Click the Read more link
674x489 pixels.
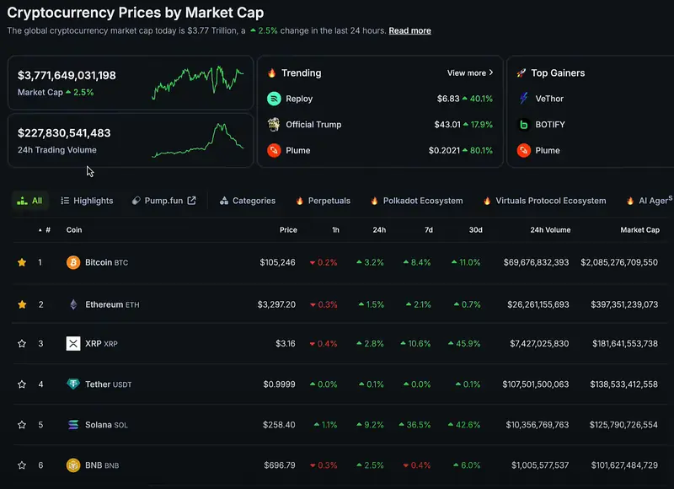(409, 30)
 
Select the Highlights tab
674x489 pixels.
(87, 201)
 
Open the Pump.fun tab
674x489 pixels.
(163, 201)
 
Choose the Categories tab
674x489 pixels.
(248, 201)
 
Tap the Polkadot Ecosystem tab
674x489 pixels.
(416, 201)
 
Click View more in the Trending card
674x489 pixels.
(470, 73)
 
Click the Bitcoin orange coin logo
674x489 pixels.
(73, 262)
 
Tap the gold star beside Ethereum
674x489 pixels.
(22, 304)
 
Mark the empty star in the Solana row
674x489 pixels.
(22, 425)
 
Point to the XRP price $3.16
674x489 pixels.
(286, 344)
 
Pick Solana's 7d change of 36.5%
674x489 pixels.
(415, 425)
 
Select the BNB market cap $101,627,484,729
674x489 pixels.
(624, 465)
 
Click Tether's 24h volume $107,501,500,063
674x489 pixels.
(536, 384)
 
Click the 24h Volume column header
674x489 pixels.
(550, 230)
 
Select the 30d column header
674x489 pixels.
(475, 230)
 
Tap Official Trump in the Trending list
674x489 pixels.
(313, 125)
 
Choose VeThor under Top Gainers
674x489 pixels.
(549, 99)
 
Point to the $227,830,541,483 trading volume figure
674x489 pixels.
(64, 133)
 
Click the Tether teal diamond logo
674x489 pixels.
(73, 384)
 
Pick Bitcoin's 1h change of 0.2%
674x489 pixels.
(324, 262)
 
